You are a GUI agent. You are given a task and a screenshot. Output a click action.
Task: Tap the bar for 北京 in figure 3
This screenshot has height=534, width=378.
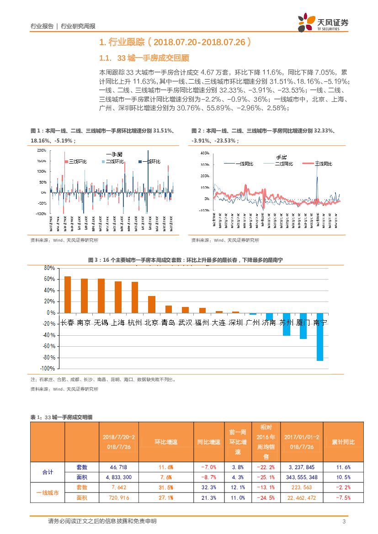pyautogui.click(x=152, y=304)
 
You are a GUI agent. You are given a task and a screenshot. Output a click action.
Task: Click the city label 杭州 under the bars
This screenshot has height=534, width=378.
pyautogui.click(x=135, y=323)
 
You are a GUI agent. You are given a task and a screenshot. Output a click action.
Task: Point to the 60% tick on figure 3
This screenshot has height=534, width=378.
pyautogui.click(x=49, y=279)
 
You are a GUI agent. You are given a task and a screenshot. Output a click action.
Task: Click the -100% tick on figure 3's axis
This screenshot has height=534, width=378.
pyautogui.click(x=48, y=368)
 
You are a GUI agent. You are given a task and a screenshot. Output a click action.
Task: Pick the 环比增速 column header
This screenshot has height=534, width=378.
pyautogui.click(x=165, y=442)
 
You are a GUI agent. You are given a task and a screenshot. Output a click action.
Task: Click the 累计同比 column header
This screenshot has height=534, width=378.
pyautogui.click(x=343, y=442)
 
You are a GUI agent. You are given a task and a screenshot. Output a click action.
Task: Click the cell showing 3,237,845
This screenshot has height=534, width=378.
pyautogui.click(x=301, y=467)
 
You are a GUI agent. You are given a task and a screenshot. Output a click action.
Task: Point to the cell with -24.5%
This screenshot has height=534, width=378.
pyautogui.click(x=266, y=497)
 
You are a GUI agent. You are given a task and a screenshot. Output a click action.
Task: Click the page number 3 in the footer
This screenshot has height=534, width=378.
pyautogui.click(x=343, y=522)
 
